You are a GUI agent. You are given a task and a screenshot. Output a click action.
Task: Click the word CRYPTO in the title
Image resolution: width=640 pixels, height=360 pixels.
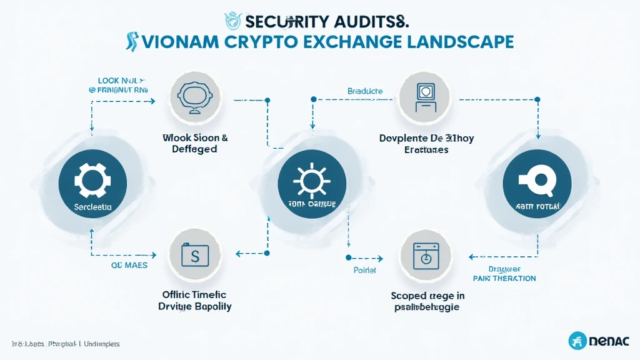coord(264,42)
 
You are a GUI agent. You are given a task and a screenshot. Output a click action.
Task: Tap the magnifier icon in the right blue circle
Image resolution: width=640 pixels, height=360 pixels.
coord(537,181)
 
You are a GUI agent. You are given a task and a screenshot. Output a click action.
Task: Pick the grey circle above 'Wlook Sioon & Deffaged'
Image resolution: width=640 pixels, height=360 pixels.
coord(194,97)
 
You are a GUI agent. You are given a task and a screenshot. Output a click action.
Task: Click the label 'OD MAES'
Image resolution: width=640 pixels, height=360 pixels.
coord(129,265)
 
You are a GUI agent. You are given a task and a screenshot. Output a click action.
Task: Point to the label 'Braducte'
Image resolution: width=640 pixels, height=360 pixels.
coord(365,91)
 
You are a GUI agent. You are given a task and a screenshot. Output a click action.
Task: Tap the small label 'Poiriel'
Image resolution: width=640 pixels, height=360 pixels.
coord(365,271)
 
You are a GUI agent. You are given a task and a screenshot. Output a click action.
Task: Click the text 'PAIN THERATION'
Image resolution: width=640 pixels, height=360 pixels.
coord(504,278)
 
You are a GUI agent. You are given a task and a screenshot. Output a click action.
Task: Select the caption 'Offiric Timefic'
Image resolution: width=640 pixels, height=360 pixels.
coord(194,294)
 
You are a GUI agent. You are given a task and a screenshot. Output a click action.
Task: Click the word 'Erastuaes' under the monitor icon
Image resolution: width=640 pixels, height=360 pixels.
coord(426,150)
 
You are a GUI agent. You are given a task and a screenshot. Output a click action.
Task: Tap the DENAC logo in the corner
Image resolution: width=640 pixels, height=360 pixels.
coord(599,341)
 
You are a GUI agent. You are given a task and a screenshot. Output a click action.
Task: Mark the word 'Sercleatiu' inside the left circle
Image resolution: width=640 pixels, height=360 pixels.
coord(92,205)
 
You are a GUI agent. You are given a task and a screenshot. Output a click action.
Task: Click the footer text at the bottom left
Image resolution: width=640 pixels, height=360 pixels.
coord(66,344)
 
